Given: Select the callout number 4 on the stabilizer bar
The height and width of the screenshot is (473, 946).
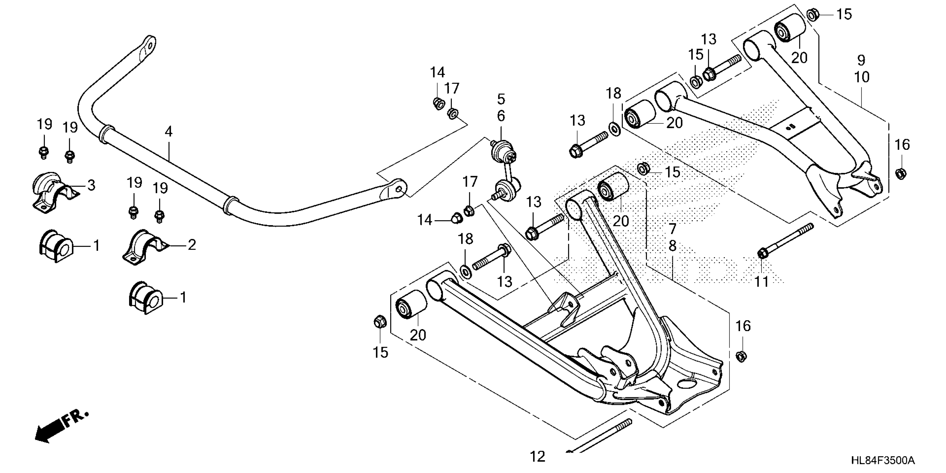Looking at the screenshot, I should [169, 132].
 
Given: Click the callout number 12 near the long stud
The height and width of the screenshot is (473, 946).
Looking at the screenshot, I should [537, 457].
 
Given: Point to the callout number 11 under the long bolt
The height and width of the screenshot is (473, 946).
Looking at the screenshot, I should [762, 282].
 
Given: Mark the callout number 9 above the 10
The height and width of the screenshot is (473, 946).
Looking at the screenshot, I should [861, 60].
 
